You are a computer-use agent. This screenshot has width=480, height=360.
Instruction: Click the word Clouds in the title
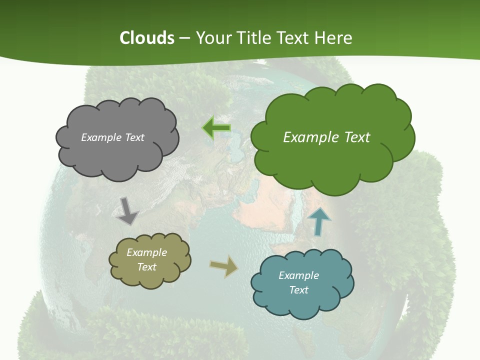(147, 38)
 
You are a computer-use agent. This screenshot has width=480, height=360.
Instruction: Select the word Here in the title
(333, 38)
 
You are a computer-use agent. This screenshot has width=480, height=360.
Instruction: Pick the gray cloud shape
(117, 150)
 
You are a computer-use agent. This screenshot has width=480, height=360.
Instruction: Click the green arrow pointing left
(216, 128)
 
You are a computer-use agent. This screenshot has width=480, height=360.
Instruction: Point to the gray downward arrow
(128, 210)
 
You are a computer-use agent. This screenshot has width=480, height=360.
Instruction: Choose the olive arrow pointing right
(223, 266)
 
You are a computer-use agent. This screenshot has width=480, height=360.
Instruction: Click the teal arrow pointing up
(319, 220)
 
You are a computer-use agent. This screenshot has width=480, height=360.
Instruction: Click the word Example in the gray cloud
(100, 137)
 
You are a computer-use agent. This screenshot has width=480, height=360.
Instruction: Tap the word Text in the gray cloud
(134, 137)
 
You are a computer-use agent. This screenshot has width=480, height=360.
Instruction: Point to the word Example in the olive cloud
(146, 252)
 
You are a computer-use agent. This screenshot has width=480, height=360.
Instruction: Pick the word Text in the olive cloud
(146, 267)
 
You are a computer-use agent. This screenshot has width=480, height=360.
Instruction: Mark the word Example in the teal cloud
(298, 275)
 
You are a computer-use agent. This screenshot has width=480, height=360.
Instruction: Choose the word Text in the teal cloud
(298, 290)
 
